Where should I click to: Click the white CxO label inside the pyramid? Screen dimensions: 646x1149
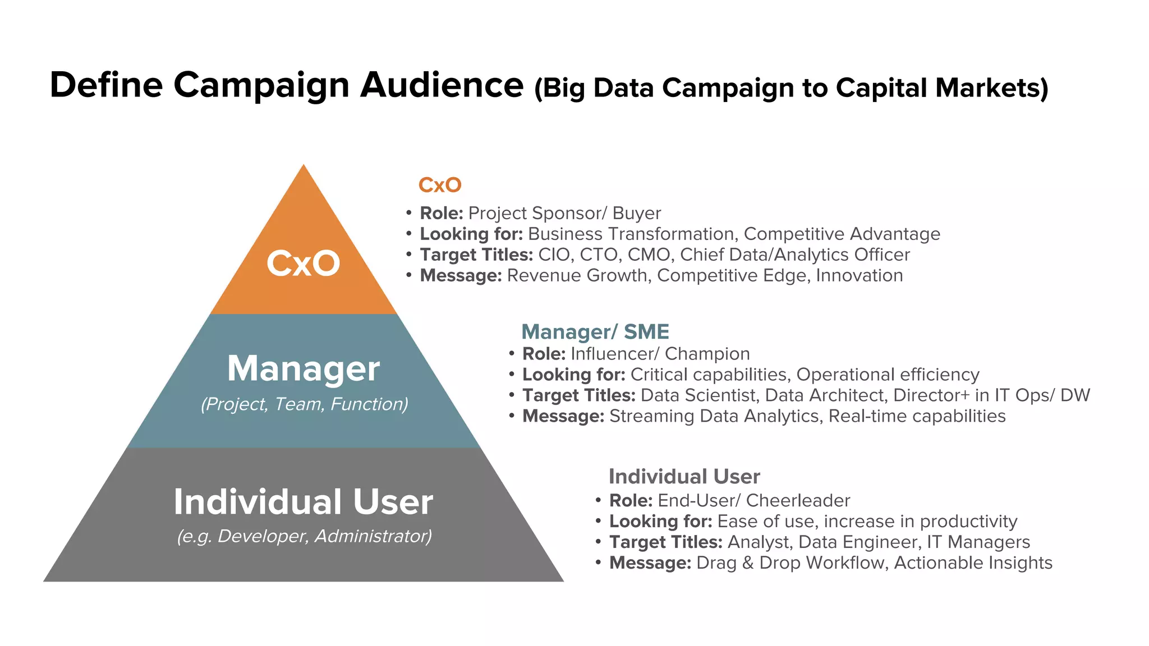(x=303, y=264)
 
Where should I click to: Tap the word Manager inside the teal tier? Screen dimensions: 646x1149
(x=304, y=368)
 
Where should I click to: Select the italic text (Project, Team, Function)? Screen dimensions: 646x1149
(x=305, y=404)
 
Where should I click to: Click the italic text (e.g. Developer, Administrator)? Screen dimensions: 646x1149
(x=305, y=536)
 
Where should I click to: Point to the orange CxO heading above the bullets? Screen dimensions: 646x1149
(x=440, y=185)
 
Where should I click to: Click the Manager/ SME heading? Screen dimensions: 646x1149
(x=595, y=332)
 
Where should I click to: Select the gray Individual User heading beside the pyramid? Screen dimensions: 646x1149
(x=684, y=477)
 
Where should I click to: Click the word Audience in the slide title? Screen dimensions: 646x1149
(x=442, y=85)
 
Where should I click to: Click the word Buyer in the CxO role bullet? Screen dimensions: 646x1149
(x=637, y=213)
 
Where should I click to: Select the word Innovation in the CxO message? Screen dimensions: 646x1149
(x=859, y=275)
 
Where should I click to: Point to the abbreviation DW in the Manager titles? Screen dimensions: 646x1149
(x=1075, y=395)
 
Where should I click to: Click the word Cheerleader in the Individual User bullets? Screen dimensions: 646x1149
(x=798, y=500)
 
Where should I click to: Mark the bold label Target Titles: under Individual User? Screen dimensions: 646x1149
(x=666, y=542)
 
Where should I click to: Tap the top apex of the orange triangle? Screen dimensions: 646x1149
(x=304, y=166)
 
